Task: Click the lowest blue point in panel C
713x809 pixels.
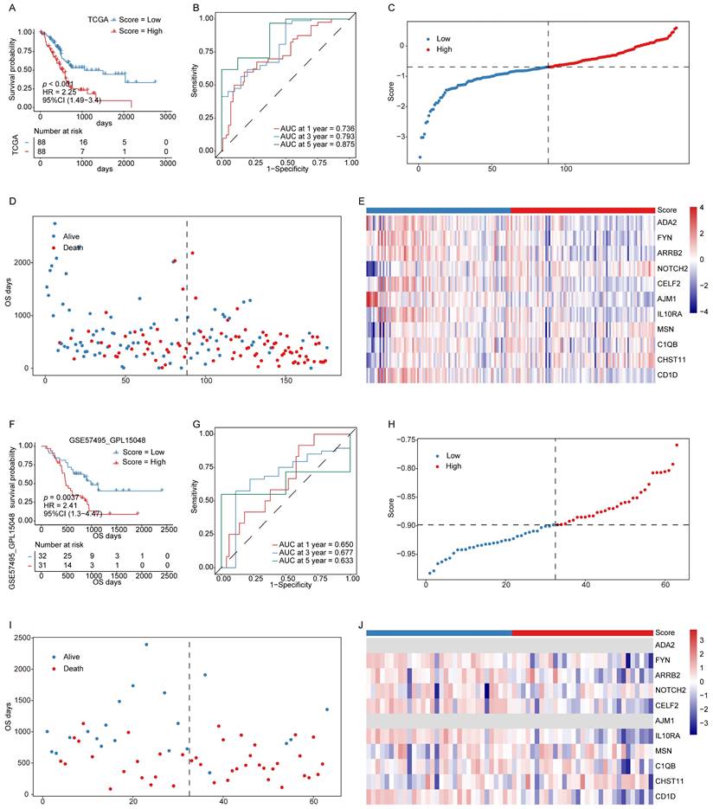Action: pyautogui.click(x=420, y=157)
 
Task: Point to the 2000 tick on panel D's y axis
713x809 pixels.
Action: pyautogui.click(x=25, y=261)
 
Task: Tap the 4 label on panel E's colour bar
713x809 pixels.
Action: pyautogui.click(x=700, y=208)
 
